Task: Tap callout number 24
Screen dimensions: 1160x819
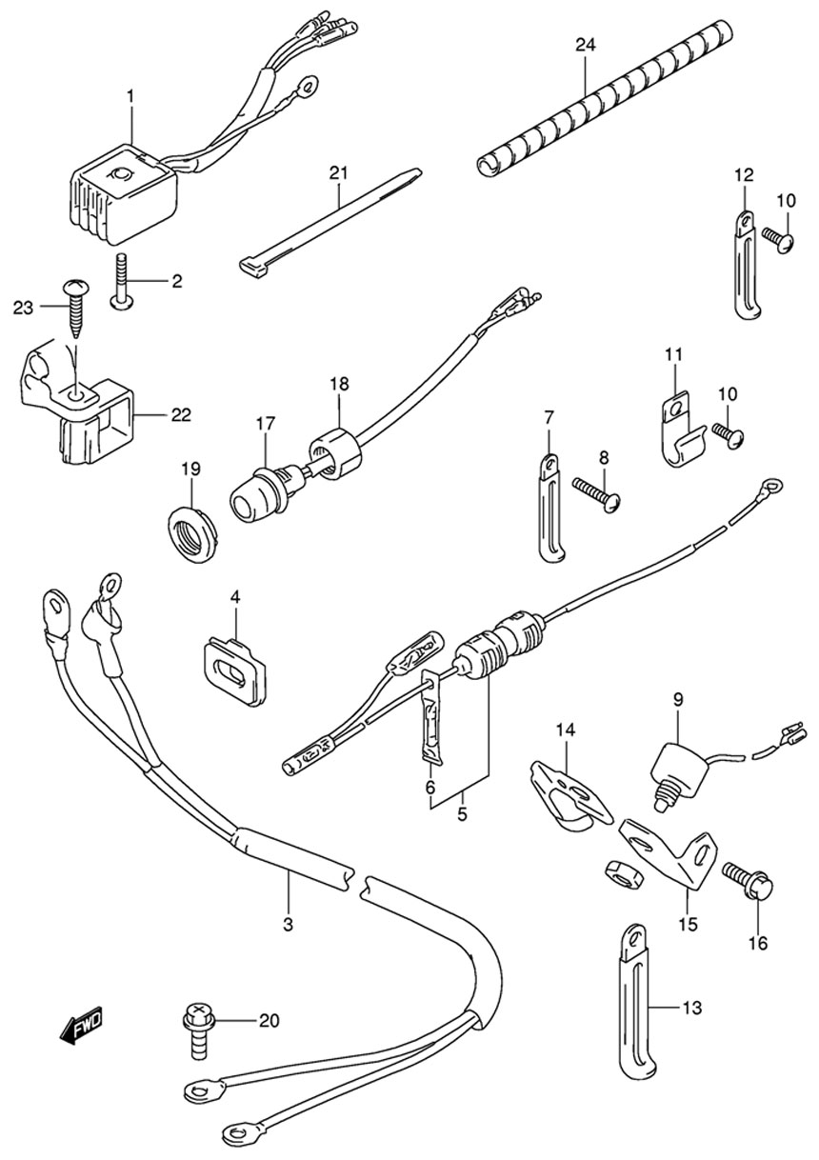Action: click(x=584, y=45)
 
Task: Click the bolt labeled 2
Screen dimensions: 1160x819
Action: click(x=122, y=282)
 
